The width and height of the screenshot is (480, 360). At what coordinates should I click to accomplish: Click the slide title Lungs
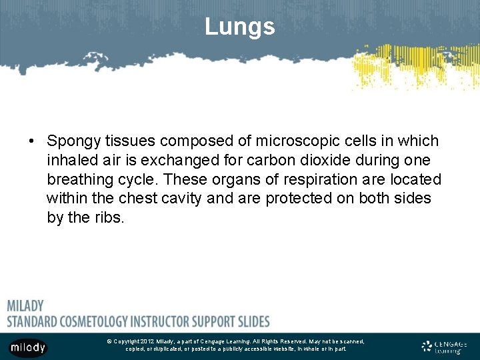[239, 27]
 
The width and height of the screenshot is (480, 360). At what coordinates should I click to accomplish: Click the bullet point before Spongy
[31, 141]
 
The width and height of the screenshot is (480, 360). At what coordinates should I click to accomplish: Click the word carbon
[270, 161]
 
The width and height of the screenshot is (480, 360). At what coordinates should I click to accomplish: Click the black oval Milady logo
[27, 347]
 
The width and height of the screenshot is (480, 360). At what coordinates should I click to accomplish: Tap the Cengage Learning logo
[444, 347]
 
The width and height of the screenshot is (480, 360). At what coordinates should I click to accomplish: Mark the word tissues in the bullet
[131, 141]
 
